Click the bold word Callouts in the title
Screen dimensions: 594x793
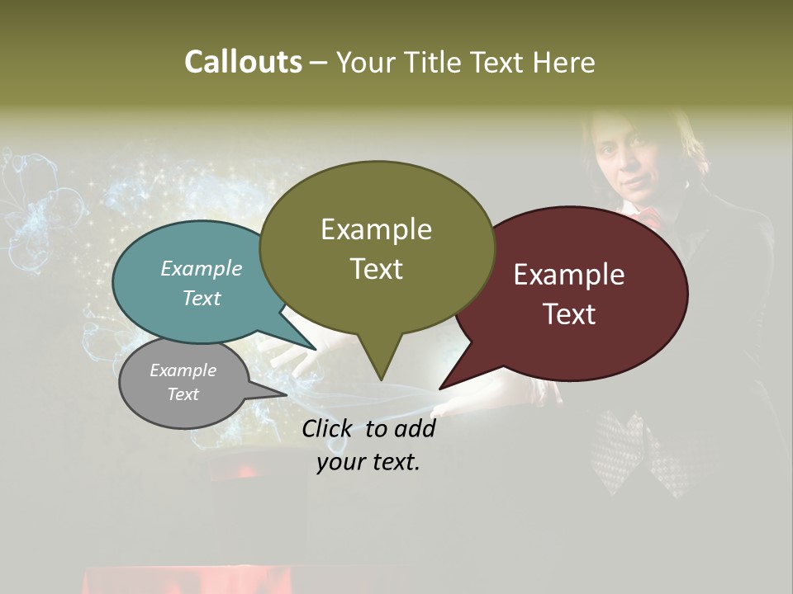point(243,62)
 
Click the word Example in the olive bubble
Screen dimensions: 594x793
point(376,229)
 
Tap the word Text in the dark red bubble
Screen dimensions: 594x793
point(569,313)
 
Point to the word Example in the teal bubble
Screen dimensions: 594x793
point(201,268)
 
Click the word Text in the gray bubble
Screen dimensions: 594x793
point(183,394)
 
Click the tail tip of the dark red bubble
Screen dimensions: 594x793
point(443,386)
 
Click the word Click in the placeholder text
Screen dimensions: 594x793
point(329,428)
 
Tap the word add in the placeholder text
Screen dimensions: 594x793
point(414,428)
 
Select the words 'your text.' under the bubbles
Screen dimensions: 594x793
point(368,462)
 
